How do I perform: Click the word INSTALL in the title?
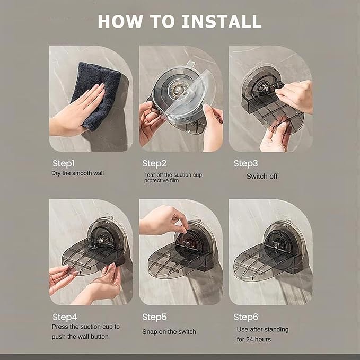(x=222, y=22)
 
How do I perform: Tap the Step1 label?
(x=64, y=164)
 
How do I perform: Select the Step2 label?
(x=154, y=164)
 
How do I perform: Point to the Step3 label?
(x=245, y=164)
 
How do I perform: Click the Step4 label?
(x=65, y=317)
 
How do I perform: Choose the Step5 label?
(x=154, y=317)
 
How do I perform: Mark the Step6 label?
(x=246, y=317)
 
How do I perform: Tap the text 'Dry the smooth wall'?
(x=77, y=173)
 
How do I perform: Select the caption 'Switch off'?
(x=262, y=177)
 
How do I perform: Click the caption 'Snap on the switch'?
(x=169, y=332)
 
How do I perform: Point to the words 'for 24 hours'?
(x=254, y=339)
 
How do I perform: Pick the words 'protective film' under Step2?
(x=161, y=181)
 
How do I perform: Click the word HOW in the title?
(x=120, y=22)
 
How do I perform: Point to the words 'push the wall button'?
(x=80, y=337)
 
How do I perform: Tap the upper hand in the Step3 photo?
(x=295, y=96)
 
